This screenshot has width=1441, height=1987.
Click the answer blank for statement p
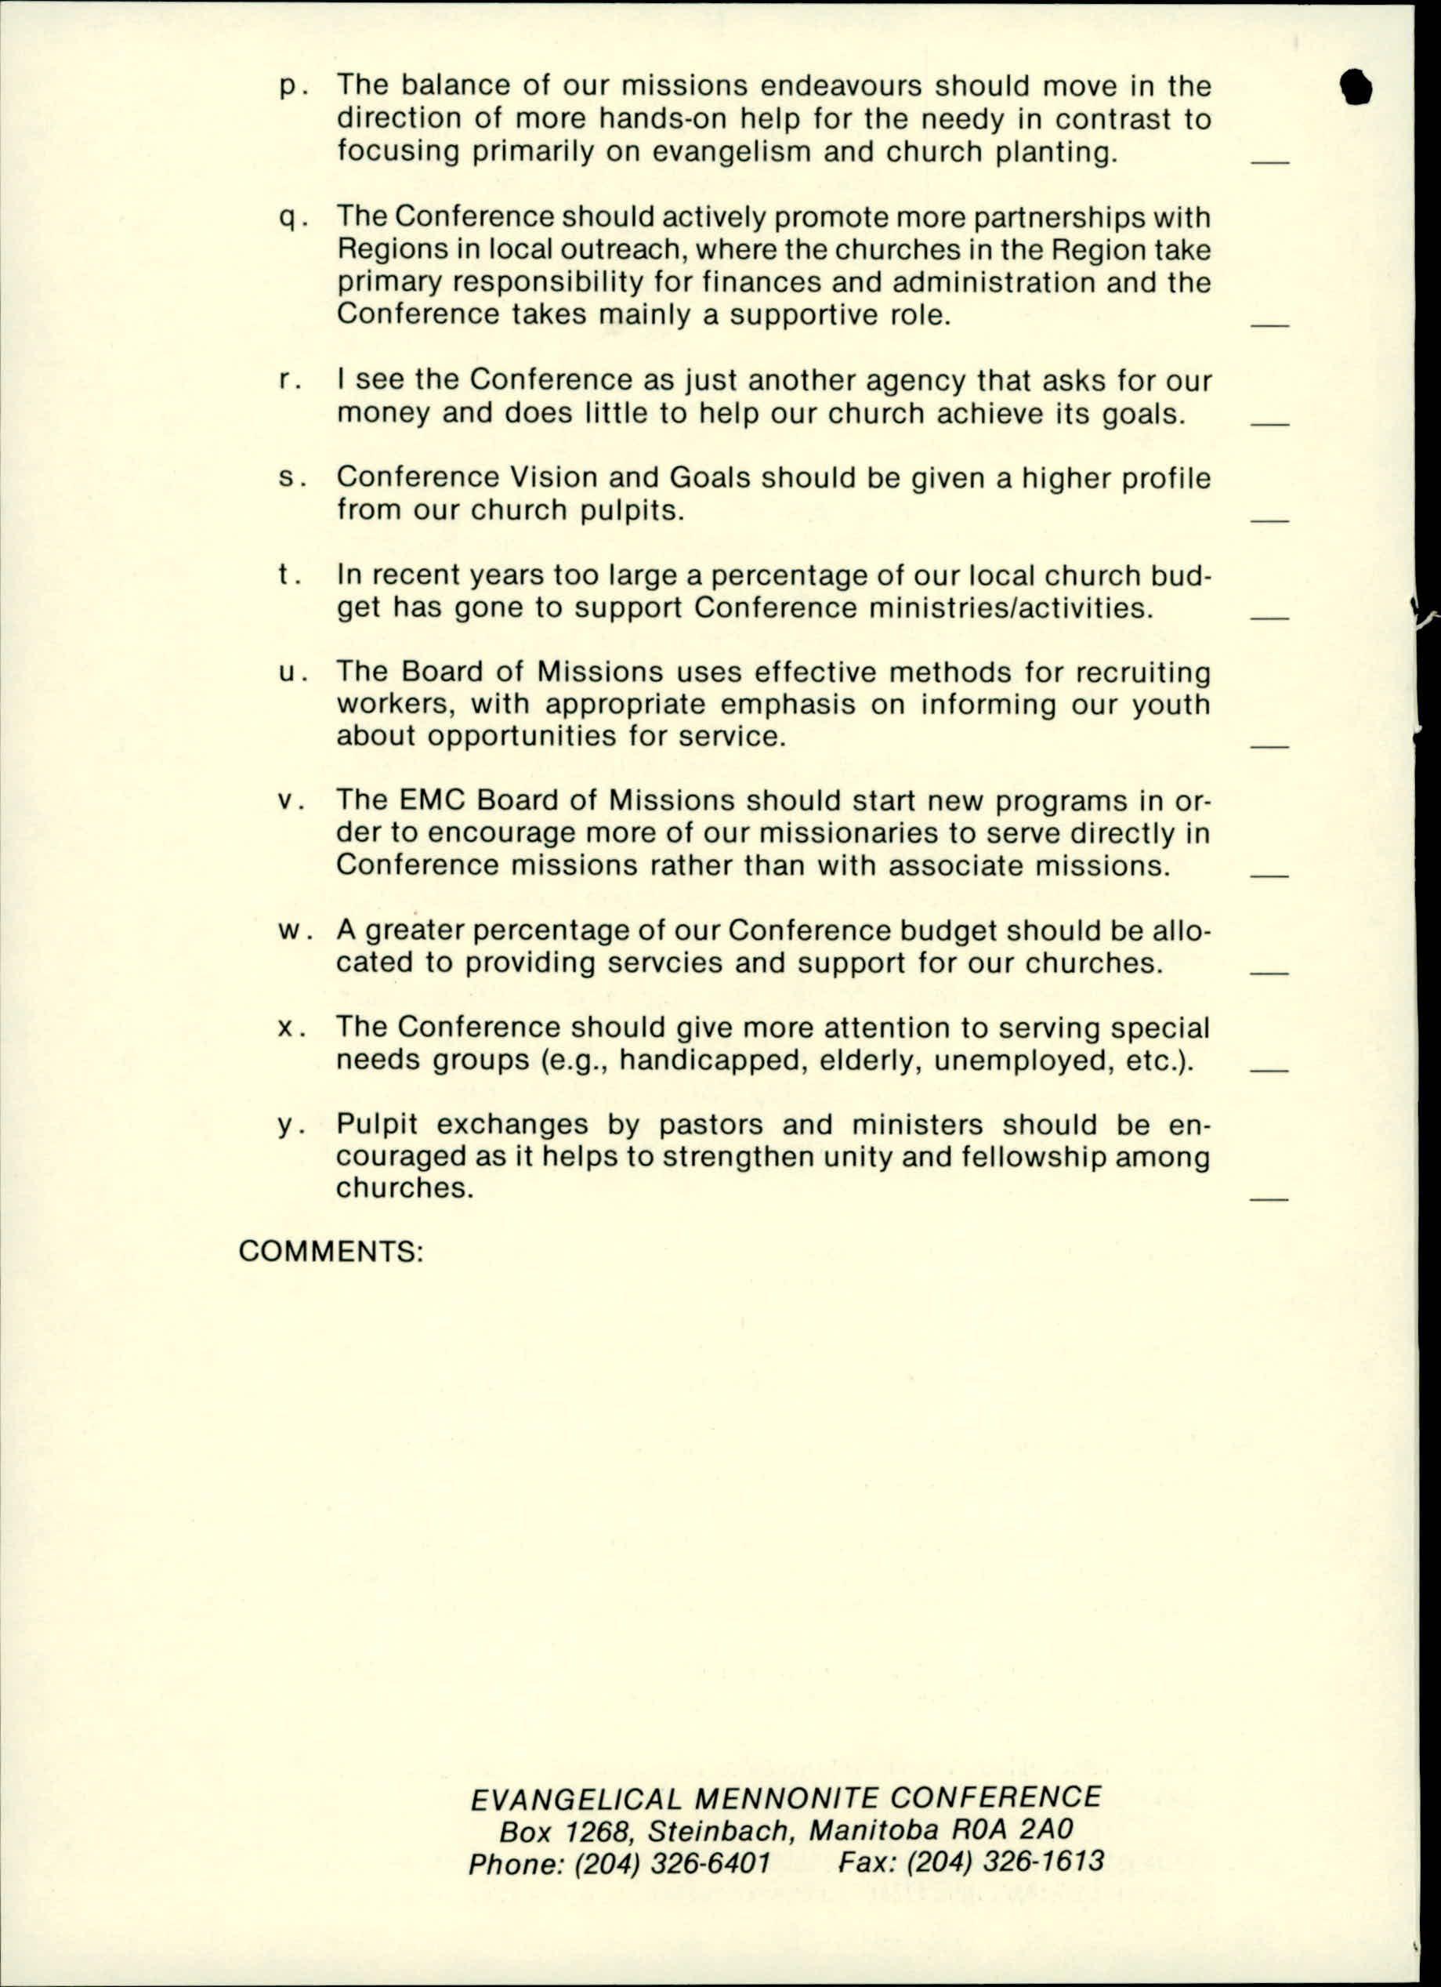click(1269, 163)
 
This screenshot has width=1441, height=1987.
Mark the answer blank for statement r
click(1269, 424)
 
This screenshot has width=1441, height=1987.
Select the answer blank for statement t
click(1269, 618)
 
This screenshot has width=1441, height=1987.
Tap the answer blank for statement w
click(1269, 973)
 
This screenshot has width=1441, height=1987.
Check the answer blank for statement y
click(1269, 1198)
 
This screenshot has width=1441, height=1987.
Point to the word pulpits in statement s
click(632, 510)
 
